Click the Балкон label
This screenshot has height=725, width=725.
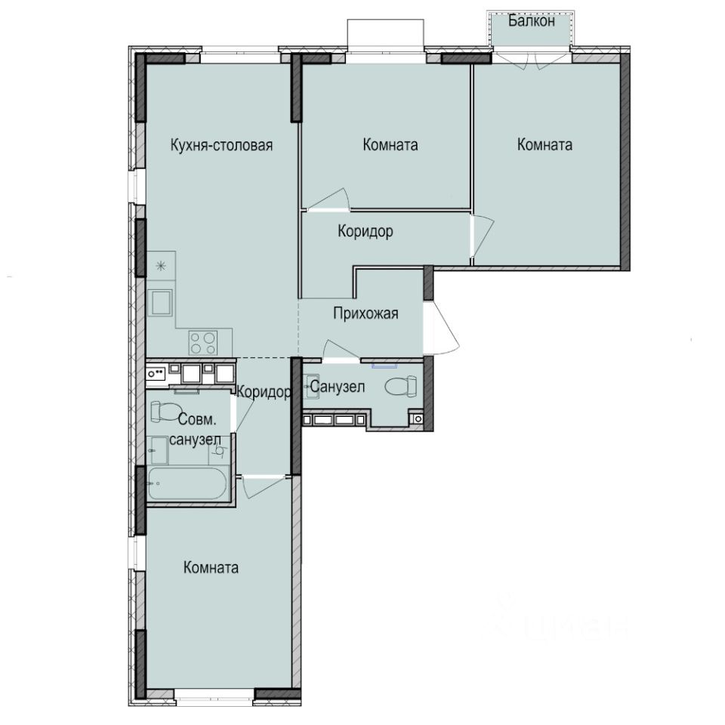coord(532,21)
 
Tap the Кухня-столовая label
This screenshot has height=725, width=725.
coord(221,145)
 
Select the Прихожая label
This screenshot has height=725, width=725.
coord(366,313)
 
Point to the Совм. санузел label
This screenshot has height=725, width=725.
coord(195,429)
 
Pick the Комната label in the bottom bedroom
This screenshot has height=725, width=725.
coord(211,568)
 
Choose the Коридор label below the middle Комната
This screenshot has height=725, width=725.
coord(365,232)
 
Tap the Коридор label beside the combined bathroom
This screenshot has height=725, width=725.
coord(264,392)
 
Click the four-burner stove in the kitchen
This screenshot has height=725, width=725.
coord(202,342)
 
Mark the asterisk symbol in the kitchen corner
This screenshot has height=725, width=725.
coord(160,265)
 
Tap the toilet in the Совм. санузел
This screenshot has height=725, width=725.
coord(163,412)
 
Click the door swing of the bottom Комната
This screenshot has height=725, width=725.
coord(261,486)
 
